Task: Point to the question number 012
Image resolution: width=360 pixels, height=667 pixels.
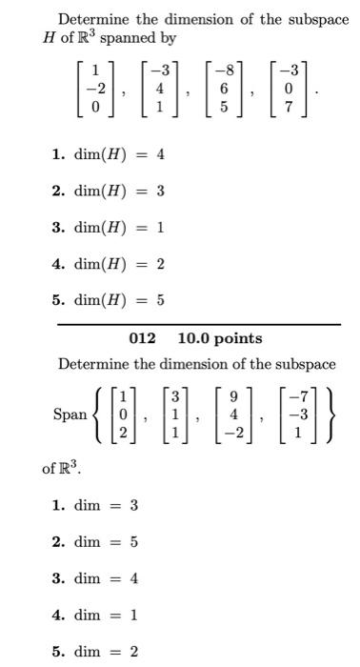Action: tap(142, 338)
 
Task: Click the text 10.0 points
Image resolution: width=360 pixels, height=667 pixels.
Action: tap(220, 338)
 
